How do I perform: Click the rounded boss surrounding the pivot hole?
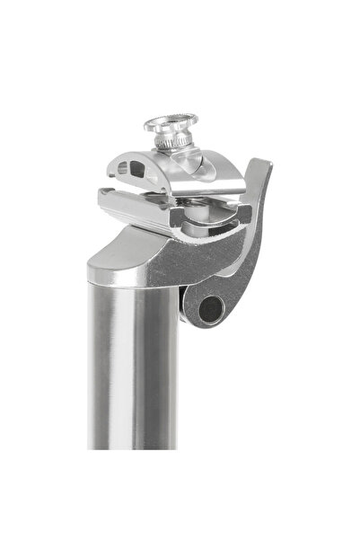[x=194, y=305]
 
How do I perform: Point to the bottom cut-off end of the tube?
[x=134, y=446]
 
